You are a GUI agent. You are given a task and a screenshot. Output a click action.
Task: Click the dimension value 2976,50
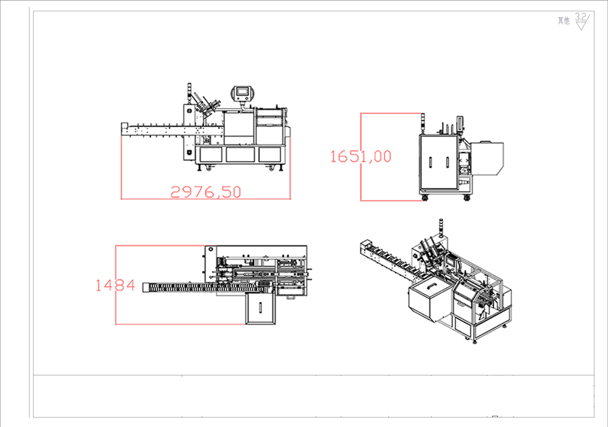click(206, 192)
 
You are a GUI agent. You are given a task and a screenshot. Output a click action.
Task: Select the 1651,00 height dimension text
click(360, 156)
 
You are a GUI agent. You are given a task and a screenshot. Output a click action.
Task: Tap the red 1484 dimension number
click(115, 286)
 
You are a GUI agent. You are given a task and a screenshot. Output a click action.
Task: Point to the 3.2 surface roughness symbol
click(582, 21)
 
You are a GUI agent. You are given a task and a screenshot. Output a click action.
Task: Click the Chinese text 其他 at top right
click(563, 21)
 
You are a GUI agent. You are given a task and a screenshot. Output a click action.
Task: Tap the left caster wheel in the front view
click(209, 168)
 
